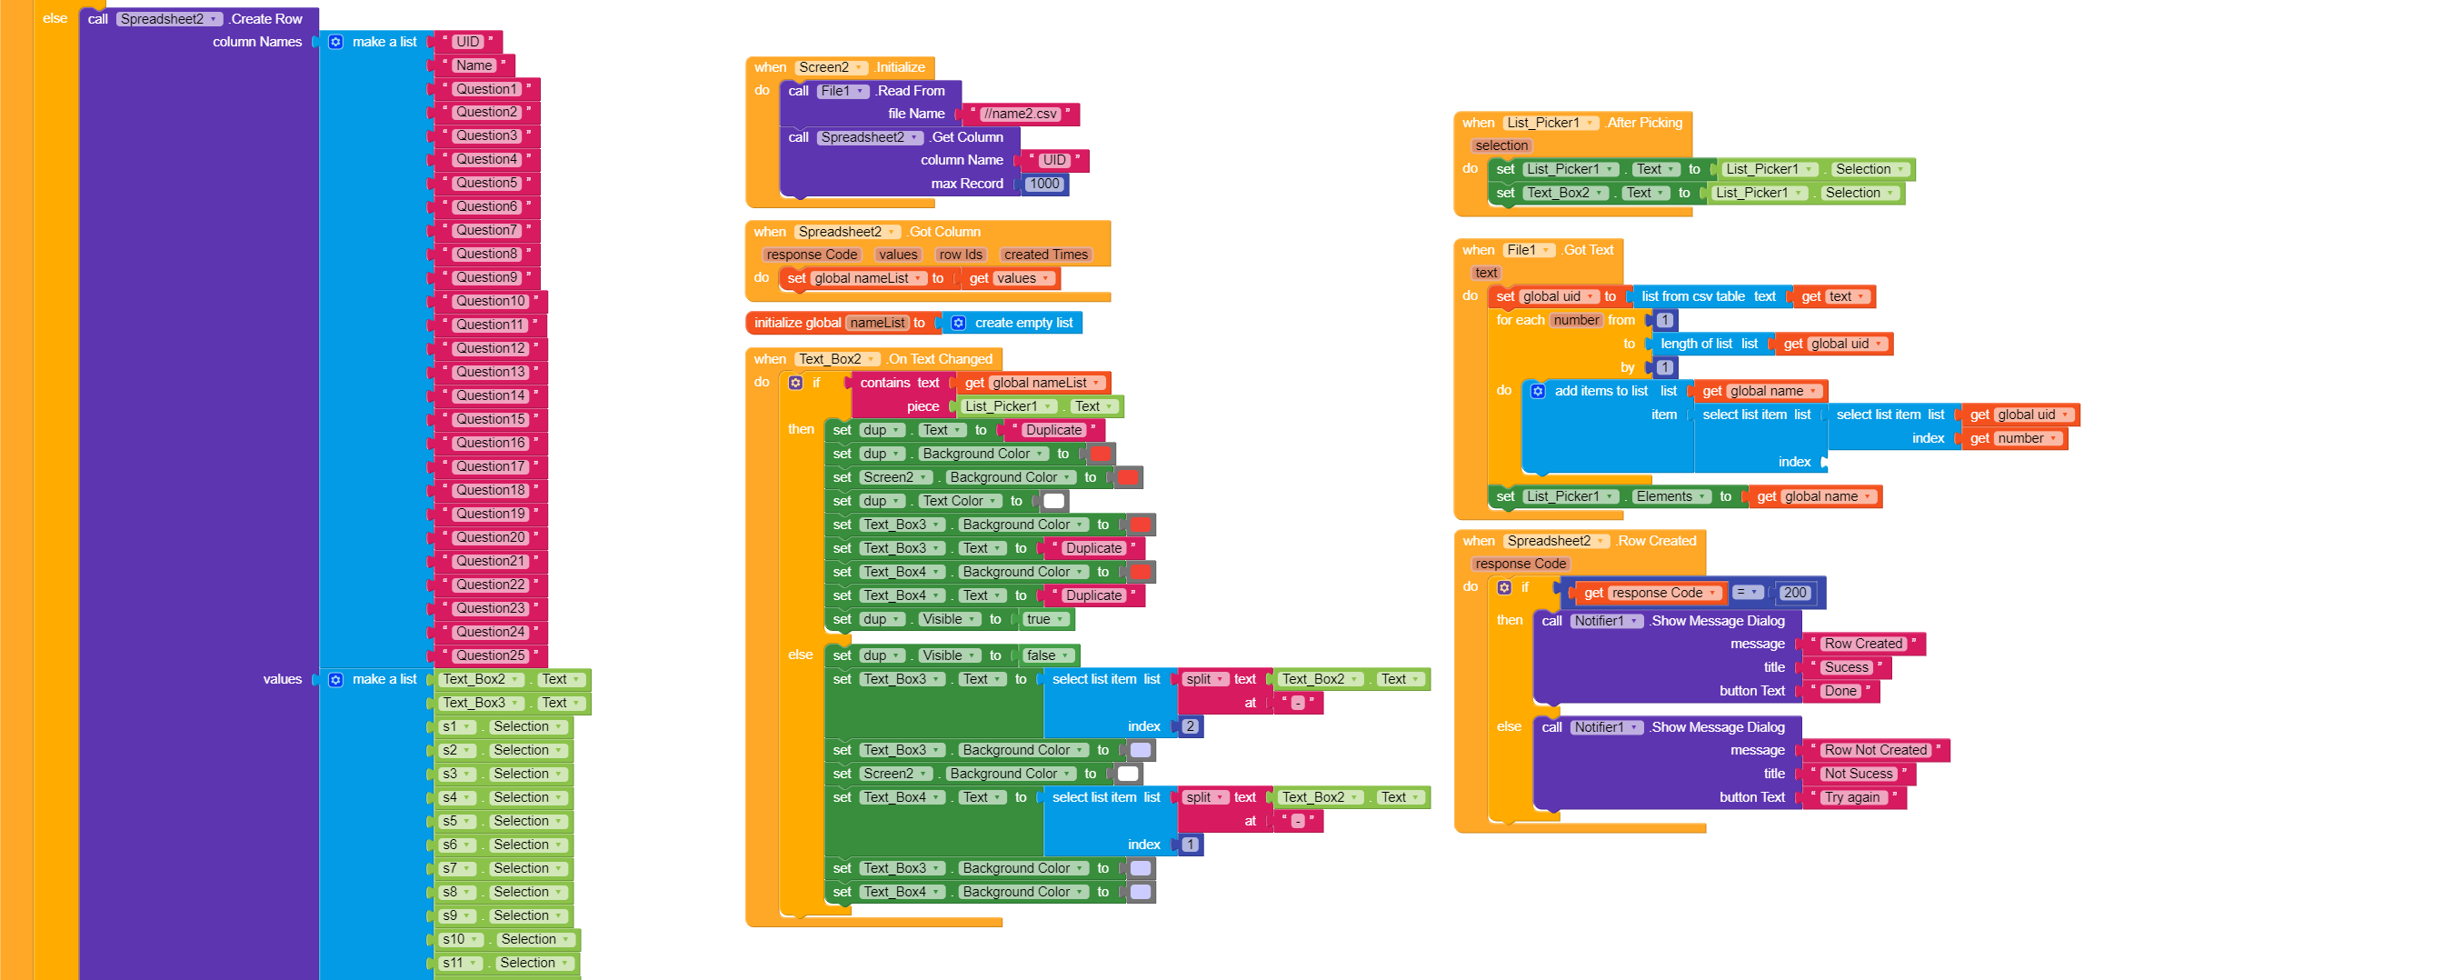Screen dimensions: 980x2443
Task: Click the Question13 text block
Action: click(x=489, y=372)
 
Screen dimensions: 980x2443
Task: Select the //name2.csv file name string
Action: click(x=1020, y=114)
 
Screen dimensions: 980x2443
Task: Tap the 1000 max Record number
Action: click(x=1044, y=184)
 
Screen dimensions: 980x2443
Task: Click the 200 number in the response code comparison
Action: click(x=1794, y=593)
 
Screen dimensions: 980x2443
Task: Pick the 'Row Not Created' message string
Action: click(x=1875, y=750)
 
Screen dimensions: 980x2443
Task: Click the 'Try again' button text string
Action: click(x=1851, y=798)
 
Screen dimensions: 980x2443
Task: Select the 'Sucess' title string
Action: click(x=1846, y=668)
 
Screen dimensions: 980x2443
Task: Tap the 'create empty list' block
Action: click(x=1022, y=324)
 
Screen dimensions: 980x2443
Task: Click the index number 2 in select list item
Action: click(x=1191, y=726)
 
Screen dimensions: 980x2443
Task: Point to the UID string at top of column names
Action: click(x=466, y=42)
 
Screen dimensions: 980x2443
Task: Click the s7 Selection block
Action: click(x=503, y=869)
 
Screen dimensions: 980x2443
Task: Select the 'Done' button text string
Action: click(x=1840, y=692)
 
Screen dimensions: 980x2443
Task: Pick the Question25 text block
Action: click(x=489, y=655)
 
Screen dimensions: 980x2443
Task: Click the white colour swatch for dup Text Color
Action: click(x=1053, y=501)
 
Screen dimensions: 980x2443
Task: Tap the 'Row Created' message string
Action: click(x=1862, y=645)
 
